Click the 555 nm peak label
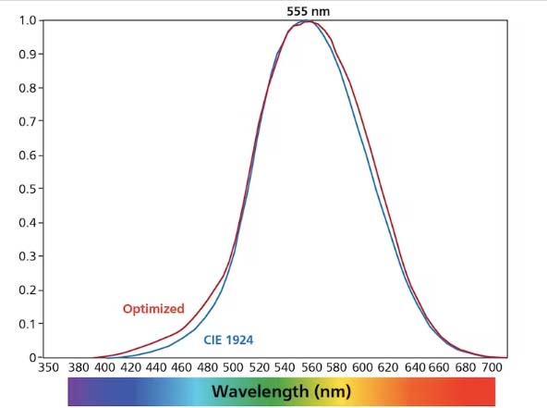[309, 11]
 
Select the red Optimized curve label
[153, 309]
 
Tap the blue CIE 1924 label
[228, 340]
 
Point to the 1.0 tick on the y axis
[28, 20]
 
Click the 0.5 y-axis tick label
[28, 189]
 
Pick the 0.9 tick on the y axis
[28, 55]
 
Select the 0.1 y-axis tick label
[28, 324]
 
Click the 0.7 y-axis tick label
[28, 121]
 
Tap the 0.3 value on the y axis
[28, 256]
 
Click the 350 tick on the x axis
[49, 367]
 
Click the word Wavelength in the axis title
[259, 391]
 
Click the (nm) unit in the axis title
[329, 391]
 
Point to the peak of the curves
[309, 21]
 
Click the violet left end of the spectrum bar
[76, 391]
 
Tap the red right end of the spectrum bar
[499, 391]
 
